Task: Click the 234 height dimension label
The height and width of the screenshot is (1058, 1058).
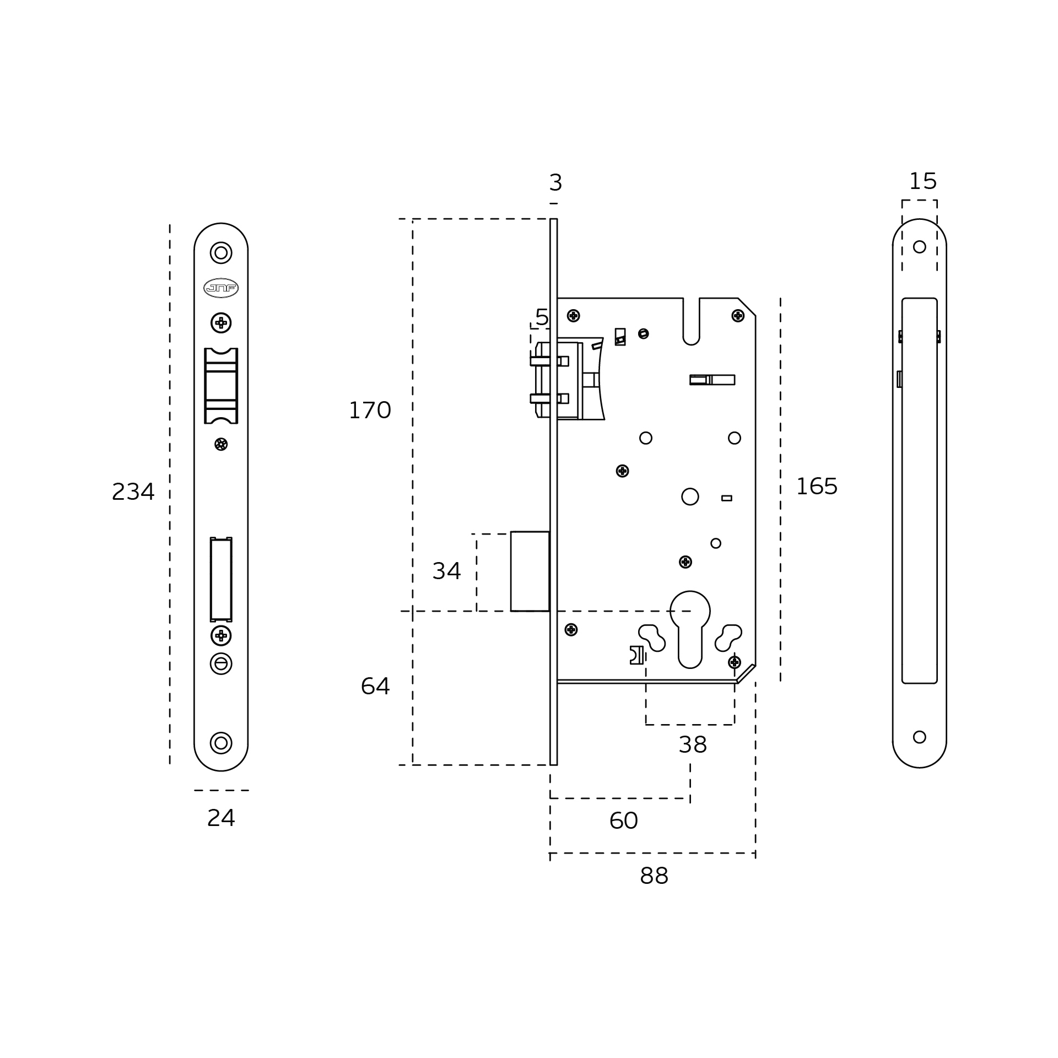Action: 133,492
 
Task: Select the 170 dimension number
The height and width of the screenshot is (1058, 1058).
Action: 370,411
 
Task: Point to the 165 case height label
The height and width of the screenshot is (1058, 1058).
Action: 817,487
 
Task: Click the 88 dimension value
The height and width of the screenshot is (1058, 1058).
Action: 654,876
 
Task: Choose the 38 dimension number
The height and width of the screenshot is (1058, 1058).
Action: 693,745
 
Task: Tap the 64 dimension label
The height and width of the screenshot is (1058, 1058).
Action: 375,686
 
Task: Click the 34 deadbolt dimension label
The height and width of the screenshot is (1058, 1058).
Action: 446,571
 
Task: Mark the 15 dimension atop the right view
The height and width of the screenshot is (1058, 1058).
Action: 923,181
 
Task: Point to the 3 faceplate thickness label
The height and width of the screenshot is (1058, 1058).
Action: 555,183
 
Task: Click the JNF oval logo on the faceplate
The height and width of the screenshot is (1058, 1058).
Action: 221,288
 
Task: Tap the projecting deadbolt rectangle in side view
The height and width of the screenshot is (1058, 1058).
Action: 530,571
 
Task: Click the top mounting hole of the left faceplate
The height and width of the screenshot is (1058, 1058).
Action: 221,252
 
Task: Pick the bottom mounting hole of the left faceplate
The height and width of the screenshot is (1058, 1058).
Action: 221,743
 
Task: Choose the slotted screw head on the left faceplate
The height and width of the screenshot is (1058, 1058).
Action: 221,663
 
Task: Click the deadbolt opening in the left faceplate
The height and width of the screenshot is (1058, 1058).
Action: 221,580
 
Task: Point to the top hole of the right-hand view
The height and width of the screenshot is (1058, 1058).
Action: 919,247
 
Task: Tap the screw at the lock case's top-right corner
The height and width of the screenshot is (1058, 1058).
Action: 738,315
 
